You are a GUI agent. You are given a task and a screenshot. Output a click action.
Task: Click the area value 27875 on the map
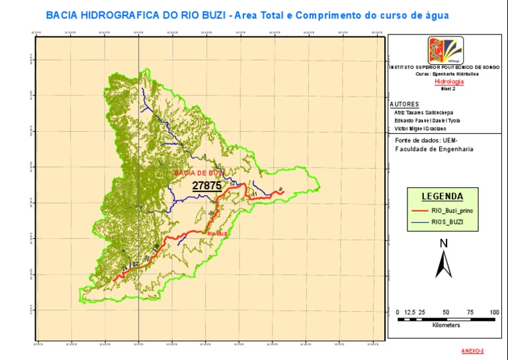coord(206,186)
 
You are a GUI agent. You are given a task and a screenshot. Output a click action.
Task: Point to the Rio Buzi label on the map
coord(218,234)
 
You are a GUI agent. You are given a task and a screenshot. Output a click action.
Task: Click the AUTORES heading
coord(404,105)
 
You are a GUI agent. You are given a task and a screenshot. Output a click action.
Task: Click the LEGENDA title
coord(443,197)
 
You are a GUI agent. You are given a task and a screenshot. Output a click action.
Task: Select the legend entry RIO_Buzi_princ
coord(452,210)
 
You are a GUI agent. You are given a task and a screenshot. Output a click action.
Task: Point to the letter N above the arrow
coord(443,243)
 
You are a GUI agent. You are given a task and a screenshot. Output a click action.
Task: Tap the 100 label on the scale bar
coord(494,312)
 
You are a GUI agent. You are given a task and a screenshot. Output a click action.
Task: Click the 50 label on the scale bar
coord(446,312)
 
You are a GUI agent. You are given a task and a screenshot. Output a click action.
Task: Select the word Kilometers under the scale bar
coord(446,326)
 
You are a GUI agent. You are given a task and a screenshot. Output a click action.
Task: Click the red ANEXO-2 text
coord(472,351)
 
